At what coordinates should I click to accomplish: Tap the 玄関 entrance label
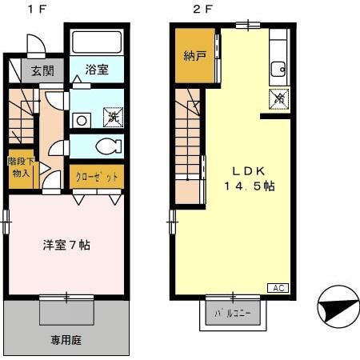tap(43, 70)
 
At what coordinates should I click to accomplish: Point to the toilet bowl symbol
tap(105, 146)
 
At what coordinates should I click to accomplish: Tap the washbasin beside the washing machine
tap(82, 121)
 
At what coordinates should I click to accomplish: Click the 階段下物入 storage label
tap(19, 166)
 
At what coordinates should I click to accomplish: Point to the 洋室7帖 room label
tap(66, 244)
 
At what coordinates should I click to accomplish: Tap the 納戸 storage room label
tap(194, 57)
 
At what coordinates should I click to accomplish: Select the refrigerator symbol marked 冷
tap(279, 99)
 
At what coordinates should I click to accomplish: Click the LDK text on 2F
tap(248, 170)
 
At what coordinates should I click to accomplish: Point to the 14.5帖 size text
tap(249, 186)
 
